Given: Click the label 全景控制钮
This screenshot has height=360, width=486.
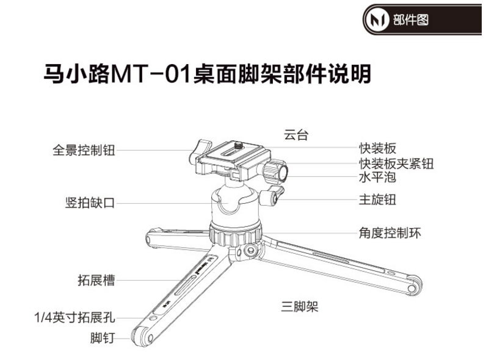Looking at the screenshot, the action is (x=84, y=151).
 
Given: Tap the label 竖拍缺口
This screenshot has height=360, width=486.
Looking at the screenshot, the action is (x=90, y=203).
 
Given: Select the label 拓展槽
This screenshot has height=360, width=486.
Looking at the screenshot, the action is (x=96, y=280).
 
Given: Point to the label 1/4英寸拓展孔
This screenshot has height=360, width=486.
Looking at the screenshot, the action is (x=74, y=317).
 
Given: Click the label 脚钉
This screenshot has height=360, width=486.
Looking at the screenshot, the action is (x=103, y=337).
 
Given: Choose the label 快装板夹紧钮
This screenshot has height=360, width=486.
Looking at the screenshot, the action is (x=396, y=164).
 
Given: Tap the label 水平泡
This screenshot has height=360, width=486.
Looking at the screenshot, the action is (x=377, y=177).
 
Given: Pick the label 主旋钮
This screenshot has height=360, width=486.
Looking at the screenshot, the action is (x=377, y=200).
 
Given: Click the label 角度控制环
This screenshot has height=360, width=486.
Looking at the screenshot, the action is (x=390, y=233).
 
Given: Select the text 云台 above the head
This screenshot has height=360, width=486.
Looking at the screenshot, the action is (x=296, y=135).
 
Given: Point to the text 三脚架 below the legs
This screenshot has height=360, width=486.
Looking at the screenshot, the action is (x=300, y=307).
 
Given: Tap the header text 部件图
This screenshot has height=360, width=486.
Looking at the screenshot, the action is (x=411, y=20).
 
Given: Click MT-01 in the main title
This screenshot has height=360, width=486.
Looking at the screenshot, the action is (x=150, y=74).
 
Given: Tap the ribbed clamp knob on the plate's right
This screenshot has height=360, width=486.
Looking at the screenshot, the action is (x=275, y=171).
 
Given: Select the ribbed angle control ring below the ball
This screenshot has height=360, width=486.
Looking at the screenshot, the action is (x=235, y=234).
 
